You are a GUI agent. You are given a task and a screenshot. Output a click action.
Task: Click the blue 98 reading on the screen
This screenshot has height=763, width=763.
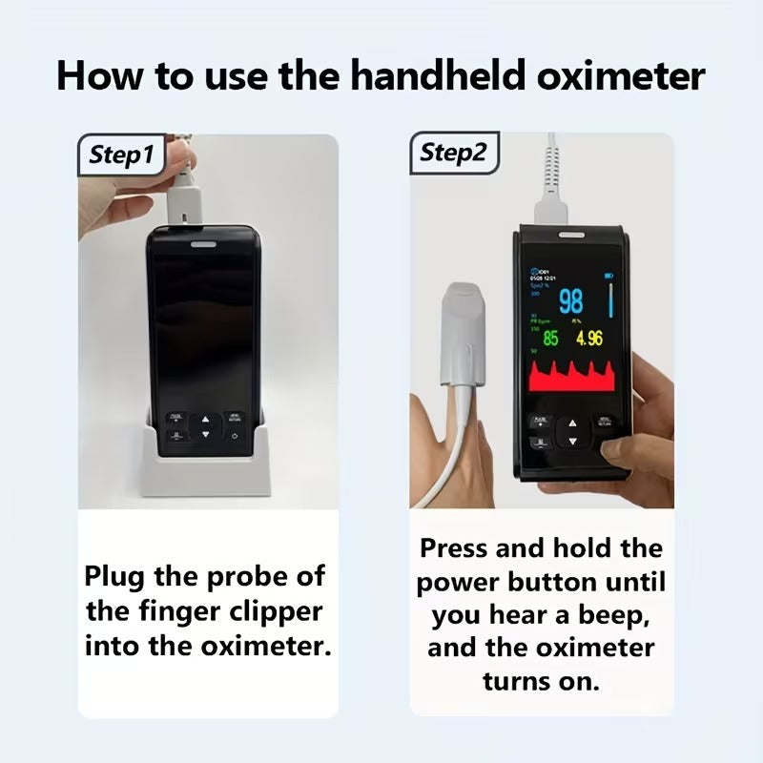570,302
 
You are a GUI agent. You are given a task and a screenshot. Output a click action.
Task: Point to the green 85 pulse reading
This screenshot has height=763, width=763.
550,339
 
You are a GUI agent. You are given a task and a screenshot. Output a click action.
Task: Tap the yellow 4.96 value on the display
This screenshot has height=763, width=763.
588,339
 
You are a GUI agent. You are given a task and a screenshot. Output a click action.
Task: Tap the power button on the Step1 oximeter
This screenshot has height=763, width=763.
235,437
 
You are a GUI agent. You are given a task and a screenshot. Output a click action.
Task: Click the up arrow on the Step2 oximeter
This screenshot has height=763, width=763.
571,423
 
